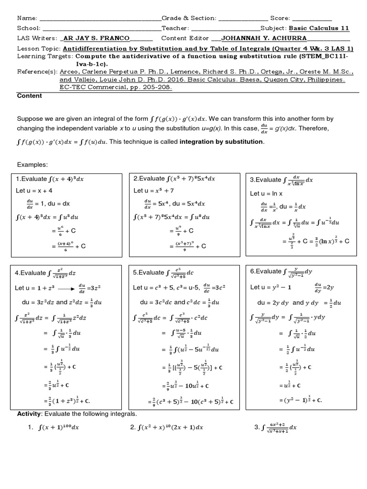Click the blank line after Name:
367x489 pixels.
pos(100,19)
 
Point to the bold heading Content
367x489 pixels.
pos(29,96)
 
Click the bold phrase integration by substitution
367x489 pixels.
pos(221,142)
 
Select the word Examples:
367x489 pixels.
pos(32,164)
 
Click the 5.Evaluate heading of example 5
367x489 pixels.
pos(149,273)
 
